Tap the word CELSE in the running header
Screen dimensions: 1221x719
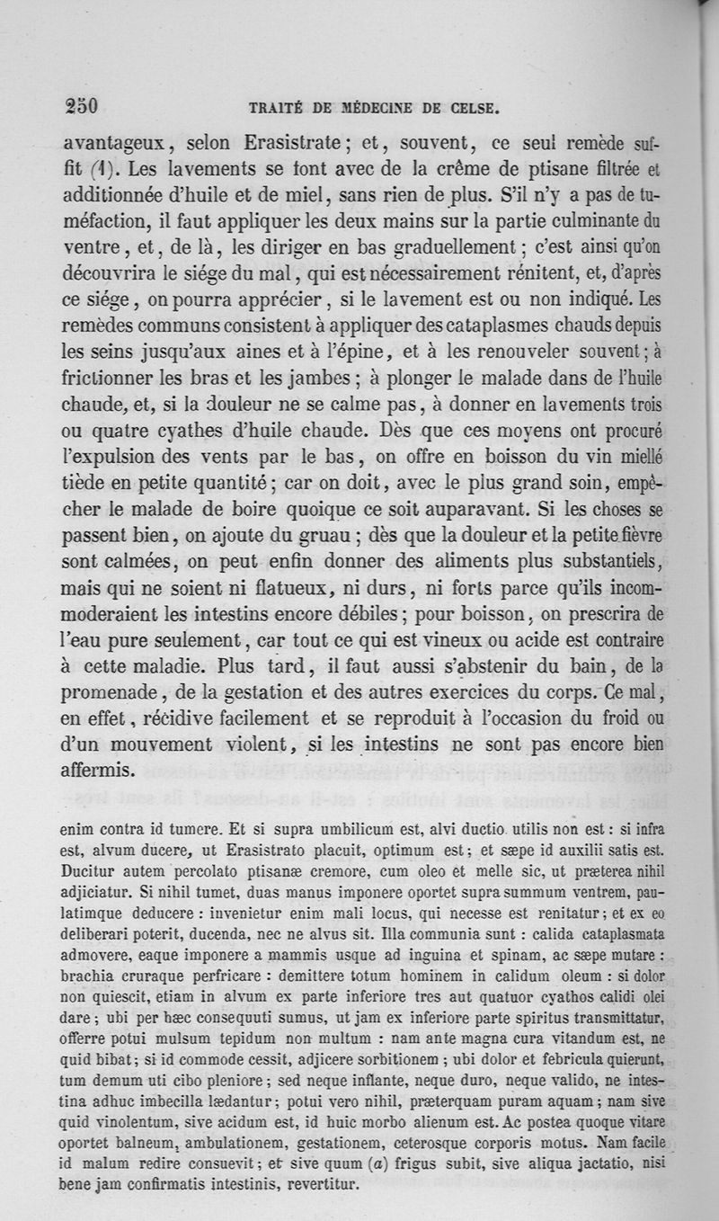[473, 111]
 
